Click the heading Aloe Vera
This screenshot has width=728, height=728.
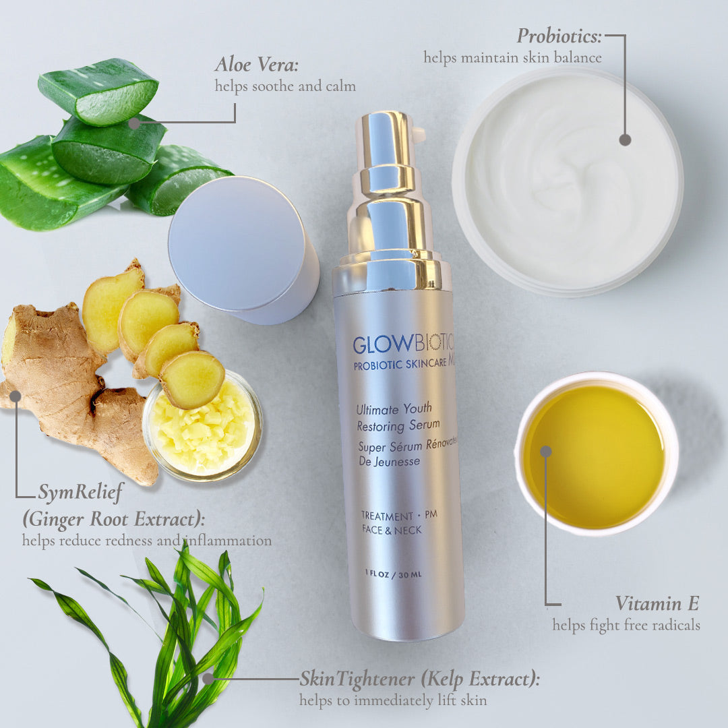[x=256, y=65]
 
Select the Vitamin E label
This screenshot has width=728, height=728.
[x=657, y=603]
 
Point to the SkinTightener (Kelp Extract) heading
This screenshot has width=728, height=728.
[x=419, y=679]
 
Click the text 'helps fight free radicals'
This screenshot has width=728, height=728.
[x=626, y=626]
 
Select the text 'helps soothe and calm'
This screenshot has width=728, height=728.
[x=284, y=86]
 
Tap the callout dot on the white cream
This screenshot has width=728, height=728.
[x=625, y=140]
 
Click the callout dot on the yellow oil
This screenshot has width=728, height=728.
[x=546, y=451]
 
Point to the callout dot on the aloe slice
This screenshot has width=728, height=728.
[x=134, y=123]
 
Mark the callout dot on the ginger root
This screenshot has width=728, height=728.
[x=16, y=396]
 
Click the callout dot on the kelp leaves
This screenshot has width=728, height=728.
[x=208, y=678]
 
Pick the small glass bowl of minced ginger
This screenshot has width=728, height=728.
[x=202, y=425]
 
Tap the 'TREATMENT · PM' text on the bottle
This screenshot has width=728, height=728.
[x=399, y=516]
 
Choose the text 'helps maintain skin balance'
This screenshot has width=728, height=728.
[x=512, y=57]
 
